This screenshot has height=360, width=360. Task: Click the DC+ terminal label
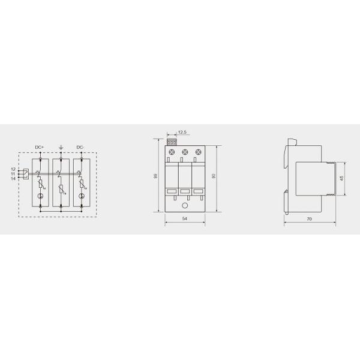(x=40, y=147)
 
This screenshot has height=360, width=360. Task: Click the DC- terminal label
(x=81, y=147)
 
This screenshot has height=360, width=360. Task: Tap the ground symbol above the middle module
(x=60, y=146)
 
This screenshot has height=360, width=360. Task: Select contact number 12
(x=13, y=169)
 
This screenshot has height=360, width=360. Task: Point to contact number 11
(x=13, y=174)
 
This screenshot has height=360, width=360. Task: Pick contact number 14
(x=13, y=179)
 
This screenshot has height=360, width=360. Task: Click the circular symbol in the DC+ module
(x=40, y=197)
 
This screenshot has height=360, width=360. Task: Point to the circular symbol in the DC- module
(x=81, y=197)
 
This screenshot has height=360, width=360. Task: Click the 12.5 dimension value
(x=182, y=133)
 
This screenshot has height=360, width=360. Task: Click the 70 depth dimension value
(x=308, y=220)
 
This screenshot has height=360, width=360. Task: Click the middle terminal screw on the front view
(x=184, y=153)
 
